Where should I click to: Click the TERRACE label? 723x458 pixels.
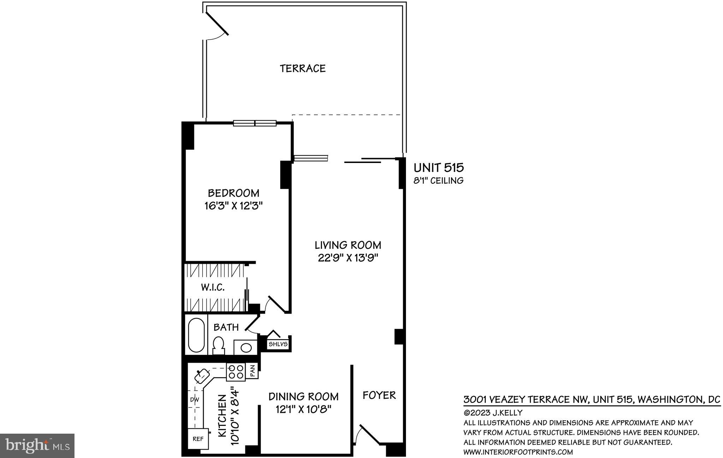click(303, 68)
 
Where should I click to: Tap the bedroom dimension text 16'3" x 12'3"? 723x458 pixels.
click(234, 206)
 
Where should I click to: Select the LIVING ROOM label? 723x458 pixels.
click(348, 245)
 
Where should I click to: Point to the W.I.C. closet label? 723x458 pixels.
click(213, 287)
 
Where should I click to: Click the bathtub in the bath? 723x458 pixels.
click(196, 335)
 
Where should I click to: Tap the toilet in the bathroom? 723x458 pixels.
click(219, 345)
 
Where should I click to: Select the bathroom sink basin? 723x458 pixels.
click(246, 348)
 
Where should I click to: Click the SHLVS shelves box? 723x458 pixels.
click(278, 344)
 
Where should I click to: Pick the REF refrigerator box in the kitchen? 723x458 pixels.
click(198, 439)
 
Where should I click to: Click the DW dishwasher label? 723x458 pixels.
click(195, 399)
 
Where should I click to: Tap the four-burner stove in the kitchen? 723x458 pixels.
click(236, 372)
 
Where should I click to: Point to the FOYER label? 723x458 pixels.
click(379, 395)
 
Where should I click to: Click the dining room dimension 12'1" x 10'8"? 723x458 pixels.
click(303, 409)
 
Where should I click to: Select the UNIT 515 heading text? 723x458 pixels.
click(438, 167)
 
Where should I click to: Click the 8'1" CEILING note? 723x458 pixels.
click(438, 181)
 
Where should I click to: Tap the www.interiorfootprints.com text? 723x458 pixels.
click(518, 452)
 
